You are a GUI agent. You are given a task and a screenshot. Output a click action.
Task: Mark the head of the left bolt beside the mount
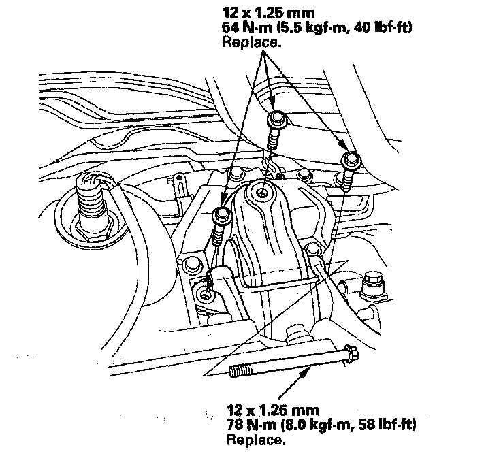click(221, 216)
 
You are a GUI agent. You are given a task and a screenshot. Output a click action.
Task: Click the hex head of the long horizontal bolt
click(351, 355)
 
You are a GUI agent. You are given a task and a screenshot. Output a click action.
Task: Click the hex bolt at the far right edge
click(374, 280)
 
